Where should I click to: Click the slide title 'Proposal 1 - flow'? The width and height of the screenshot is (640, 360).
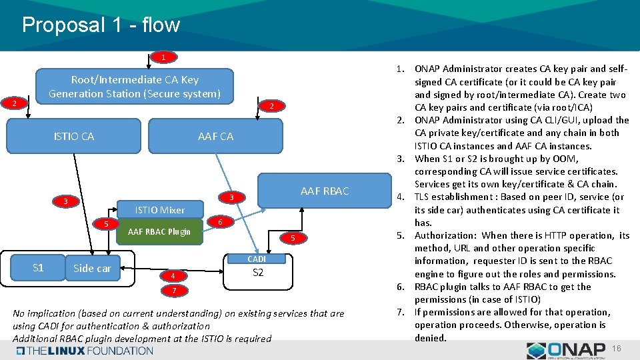tap(101, 25)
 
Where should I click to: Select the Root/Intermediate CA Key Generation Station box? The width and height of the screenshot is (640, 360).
tap(134, 87)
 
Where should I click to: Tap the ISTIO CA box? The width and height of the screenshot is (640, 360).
tap(74, 137)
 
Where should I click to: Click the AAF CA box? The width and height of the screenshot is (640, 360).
tap(215, 137)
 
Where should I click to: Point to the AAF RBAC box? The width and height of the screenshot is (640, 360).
tap(325, 191)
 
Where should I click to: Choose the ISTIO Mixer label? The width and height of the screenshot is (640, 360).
tap(159, 210)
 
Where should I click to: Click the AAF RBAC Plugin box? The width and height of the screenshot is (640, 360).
tap(159, 232)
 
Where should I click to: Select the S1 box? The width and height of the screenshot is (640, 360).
tap(38, 268)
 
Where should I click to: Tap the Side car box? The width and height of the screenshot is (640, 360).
tap(92, 269)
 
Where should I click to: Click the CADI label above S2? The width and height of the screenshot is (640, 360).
tap(257, 259)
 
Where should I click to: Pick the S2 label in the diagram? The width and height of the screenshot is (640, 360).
tap(258, 273)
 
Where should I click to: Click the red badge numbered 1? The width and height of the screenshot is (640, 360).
tap(163, 57)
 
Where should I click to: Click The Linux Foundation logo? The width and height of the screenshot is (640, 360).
tap(85, 351)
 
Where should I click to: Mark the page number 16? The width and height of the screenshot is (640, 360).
tap(617, 349)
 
